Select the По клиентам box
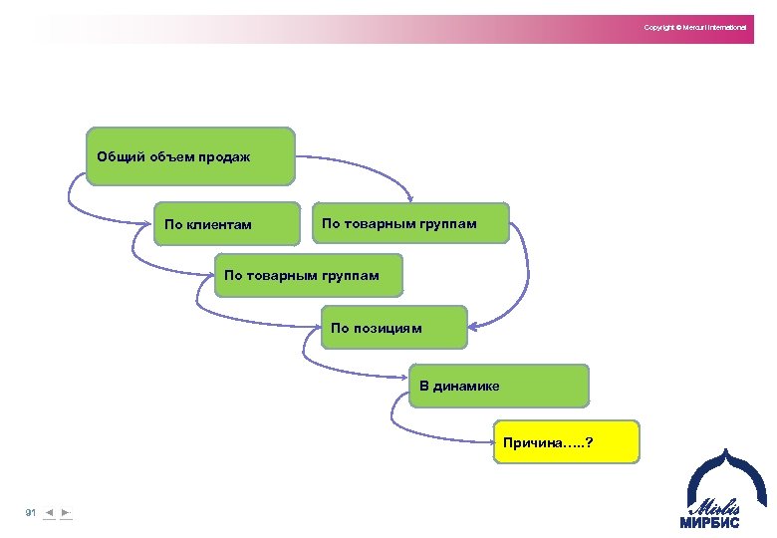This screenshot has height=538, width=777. point(228,223)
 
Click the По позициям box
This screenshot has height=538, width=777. point(393,327)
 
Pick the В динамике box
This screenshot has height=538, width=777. point(499,386)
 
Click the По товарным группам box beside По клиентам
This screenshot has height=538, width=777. point(410,223)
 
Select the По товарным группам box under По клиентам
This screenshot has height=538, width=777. point(309,275)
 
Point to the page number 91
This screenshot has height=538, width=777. point(30,512)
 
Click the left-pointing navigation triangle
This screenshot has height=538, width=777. point(49,512)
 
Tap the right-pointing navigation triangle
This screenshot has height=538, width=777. point(65,512)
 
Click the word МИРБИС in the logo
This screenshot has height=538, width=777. point(710,521)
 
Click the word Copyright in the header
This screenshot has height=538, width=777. point(658,27)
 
